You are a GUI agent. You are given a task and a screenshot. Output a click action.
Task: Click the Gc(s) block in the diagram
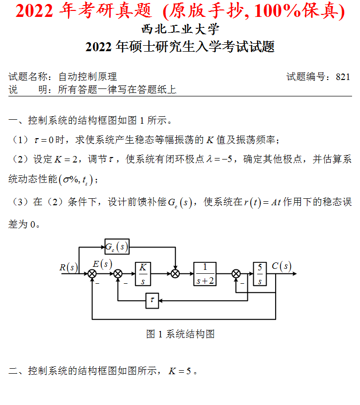pyautogui.click(x=117, y=246)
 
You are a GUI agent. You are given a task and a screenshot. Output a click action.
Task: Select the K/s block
pyautogui.click(x=143, y=273)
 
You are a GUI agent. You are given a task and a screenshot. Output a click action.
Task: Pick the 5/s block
pyautogui.click(x=259, y=273)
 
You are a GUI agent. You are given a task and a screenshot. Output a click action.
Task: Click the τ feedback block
pyautogui.click(x=152, y=301)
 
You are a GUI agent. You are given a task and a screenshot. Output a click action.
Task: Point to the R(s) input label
pyautogui.click(x=69, y=267)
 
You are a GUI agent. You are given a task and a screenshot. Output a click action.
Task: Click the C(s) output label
pyautogui.click(x=281, y=266)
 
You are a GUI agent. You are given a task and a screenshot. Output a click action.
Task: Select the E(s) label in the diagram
pyautogui.click(x=102, y=264)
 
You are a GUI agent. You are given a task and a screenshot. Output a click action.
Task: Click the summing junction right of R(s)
pyautogui.click(x=92, y=273)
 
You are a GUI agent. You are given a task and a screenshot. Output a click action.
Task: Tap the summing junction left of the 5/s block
pyautogui.click(x=236, y=273)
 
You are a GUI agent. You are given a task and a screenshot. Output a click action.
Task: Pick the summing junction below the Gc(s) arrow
pyautogui.click(x=175, y=273)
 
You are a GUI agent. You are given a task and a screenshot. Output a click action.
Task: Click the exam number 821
pyautogui.click(x=343, y=77)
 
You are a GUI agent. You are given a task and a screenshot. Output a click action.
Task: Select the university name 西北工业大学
pyautogui.click(x=180, y=30)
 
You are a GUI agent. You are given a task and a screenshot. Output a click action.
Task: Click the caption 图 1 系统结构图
pyautogui.click(x=180, y=334)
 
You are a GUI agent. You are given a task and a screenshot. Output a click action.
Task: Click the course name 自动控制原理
pyautogui.click(x=87, y=77)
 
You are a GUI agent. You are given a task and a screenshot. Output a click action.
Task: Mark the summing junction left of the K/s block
pyautogui.click(x=118, y=273)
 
